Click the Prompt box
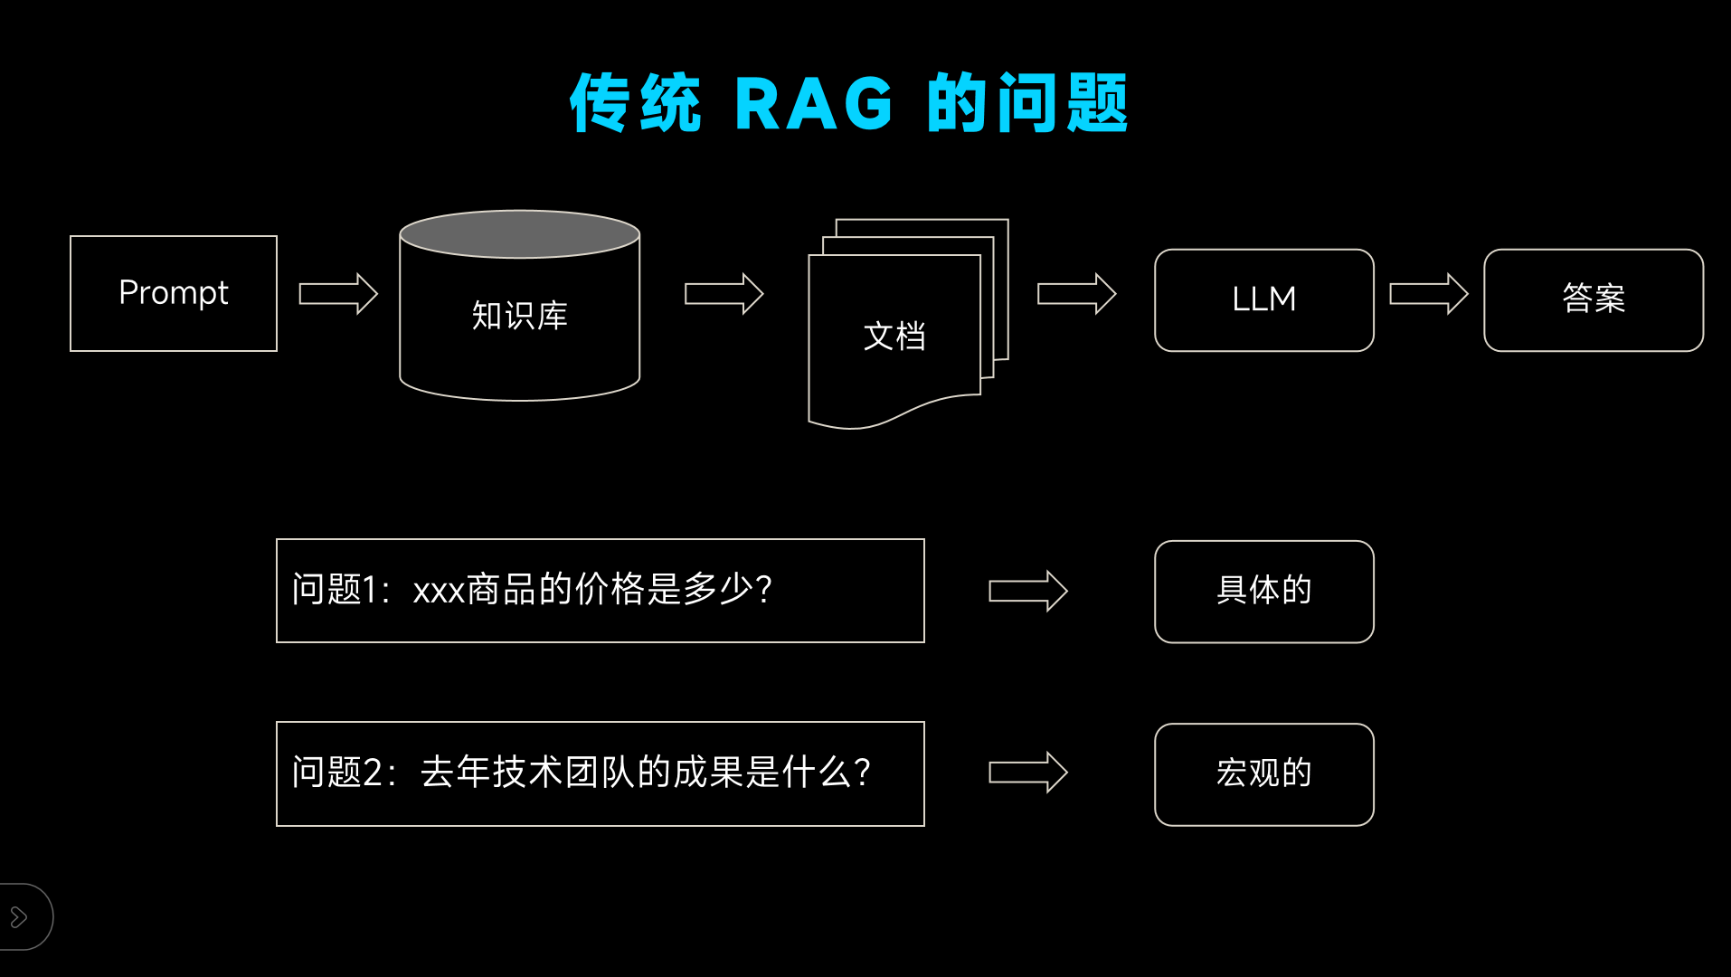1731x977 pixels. pos(174,293)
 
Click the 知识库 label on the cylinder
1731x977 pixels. pos(519,316)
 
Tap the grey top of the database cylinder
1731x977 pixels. pos(519,233)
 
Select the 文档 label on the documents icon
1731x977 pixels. pos(894,337)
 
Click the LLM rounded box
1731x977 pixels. pos(1263,299)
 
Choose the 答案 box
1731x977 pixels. pos(1593,299)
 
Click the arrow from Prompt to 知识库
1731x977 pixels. pos(338,294)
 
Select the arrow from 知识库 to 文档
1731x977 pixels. pos(724,294)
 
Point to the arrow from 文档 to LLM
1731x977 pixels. pos(1076,294)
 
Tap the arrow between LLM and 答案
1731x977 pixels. pos(1428,294)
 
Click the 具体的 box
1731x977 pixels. pos(1263,592)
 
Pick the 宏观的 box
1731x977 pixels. pos(1263,774)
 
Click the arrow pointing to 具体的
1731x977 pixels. pos(1028,592)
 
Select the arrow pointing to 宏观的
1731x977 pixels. pos(1028,773)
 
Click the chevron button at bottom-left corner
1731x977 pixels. pos(19,917)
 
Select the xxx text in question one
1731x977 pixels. pos(439,592)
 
